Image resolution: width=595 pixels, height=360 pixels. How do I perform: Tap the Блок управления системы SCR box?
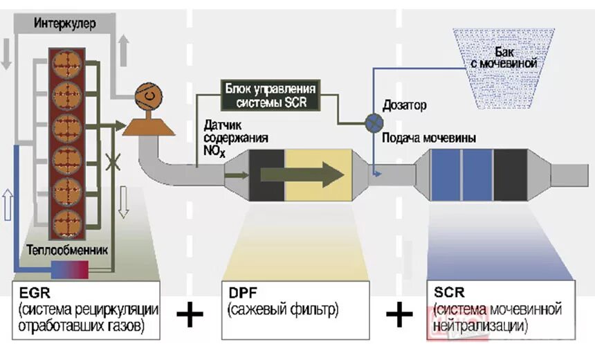[x=271, y=96]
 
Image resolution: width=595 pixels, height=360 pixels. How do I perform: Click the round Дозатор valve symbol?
[x=374, y=123]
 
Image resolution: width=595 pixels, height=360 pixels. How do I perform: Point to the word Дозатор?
[x=405, y=106]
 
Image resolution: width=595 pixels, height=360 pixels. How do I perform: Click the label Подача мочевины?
[x=429, y=138]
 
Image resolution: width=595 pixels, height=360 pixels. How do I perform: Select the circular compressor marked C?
[x=147, y=95]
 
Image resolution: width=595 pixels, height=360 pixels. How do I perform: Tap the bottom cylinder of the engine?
[x=68, y=223]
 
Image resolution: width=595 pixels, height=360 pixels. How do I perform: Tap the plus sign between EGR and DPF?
[x=190, y=316]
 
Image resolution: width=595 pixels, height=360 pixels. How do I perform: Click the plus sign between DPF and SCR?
[x=399, y=316]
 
